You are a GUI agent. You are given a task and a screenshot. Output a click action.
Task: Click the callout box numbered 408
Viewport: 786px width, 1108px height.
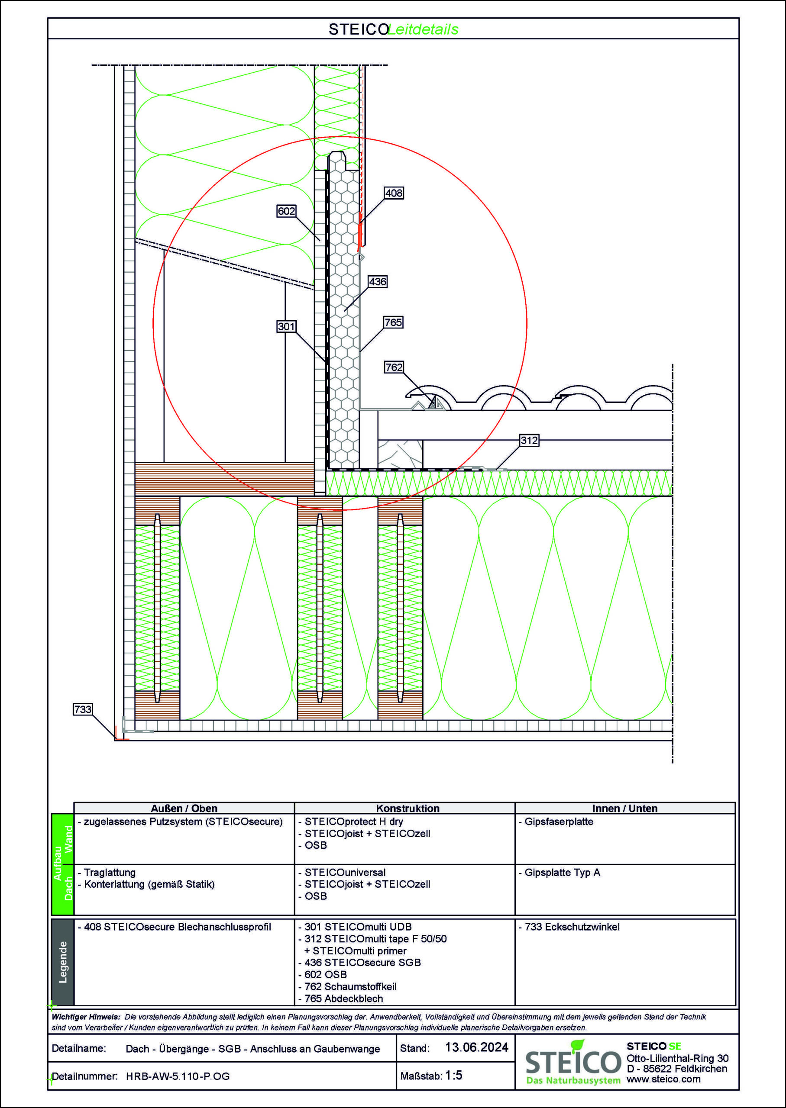coord(394,193)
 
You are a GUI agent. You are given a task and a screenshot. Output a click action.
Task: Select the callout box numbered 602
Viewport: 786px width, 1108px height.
coord(286,211)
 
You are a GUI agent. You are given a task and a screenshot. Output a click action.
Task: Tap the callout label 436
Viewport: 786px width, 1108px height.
coord(378,281)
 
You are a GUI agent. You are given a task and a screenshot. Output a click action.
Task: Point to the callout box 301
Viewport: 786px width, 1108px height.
coord(286,326)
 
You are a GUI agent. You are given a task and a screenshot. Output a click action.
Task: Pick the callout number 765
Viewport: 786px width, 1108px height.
coord(393,322)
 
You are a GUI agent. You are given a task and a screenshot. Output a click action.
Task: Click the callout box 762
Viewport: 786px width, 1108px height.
coord(394,367)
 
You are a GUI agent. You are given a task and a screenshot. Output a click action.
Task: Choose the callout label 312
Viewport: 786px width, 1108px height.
coord(529,440)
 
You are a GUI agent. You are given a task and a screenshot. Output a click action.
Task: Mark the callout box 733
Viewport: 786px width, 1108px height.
coord(83,709)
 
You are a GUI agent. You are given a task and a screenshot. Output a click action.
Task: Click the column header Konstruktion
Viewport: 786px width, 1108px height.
coord(408,808)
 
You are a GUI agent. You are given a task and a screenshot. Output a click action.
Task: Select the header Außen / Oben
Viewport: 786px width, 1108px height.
coord(184,808)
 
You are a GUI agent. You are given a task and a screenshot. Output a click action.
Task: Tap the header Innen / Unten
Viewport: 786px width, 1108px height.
coord(625,808)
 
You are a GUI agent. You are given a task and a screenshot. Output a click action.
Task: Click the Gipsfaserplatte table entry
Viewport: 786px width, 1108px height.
coord(559,821)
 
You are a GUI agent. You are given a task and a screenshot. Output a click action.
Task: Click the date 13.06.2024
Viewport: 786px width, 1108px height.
coord(476,1047)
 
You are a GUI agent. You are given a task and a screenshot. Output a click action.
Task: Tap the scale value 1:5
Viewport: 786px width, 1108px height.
coord(453,1075)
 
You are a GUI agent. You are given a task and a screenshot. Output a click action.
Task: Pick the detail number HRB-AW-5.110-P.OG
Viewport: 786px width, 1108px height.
coord(178,1076)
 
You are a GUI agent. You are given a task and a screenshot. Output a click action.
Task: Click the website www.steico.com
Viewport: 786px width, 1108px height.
coord(663,1079)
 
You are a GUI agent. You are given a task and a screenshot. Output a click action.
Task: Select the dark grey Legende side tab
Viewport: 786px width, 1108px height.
coord(62,962)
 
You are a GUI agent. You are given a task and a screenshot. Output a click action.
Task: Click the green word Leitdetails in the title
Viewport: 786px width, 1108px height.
coord(423,29)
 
